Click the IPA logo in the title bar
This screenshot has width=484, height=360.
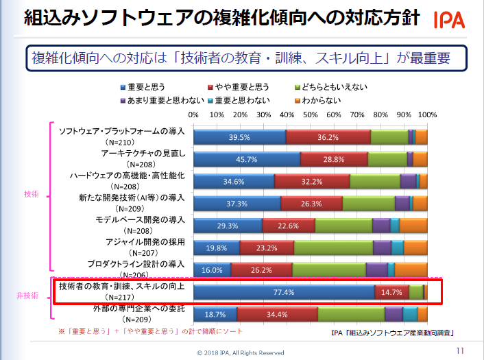coord(449,20)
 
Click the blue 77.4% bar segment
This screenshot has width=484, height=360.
coord(284,292)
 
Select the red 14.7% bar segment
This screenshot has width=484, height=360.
coord(392,292)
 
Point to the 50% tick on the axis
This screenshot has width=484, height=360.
coord(311,115)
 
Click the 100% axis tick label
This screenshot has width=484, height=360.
coord(426,115)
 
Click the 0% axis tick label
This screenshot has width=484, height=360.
coord(193,115)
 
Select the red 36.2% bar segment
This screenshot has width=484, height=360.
coord(328,138)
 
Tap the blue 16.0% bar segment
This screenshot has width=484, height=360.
coord(212,269)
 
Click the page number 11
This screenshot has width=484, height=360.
coord(460,350)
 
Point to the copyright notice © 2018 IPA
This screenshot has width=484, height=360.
coord(241,352)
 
